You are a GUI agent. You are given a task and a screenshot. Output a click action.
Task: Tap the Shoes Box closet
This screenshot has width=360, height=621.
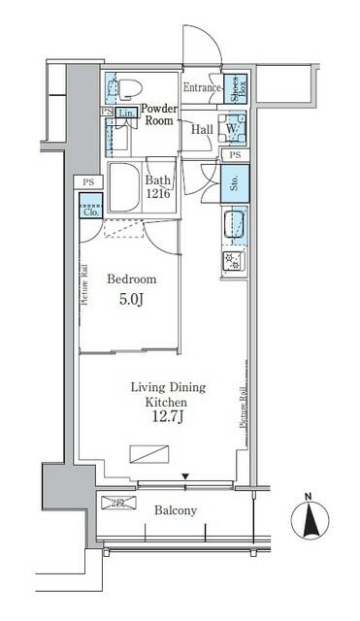pyautogui.click(x=234, y=88)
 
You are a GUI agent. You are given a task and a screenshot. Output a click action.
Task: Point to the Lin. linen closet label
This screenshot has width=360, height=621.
pyautogui.click(x=126, y=114)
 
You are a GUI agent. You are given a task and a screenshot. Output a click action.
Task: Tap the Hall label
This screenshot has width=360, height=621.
pyautogui.click(x=202, y=128)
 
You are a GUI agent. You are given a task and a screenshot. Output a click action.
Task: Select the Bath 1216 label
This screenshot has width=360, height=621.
pyautogui.click(x=158, y=186)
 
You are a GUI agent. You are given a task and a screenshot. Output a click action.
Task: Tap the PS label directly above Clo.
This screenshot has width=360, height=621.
pyautogui.click(x=88, y=181)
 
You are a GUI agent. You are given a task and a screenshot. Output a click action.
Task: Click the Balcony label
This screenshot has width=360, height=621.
pyautogui.click(x=176, y=510)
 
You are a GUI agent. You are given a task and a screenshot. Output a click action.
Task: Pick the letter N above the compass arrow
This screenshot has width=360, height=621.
pyautogui.click(x=309, y=498)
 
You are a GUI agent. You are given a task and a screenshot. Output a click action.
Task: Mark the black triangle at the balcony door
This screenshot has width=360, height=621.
pyautogui.click(x=186, y=475)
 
